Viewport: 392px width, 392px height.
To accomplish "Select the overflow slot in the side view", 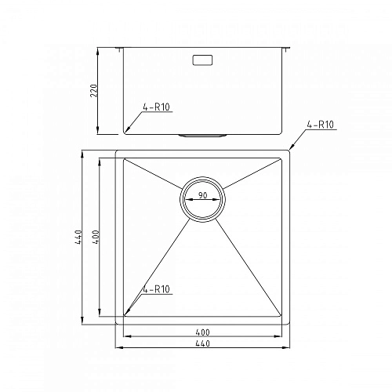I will [x=203, y=59].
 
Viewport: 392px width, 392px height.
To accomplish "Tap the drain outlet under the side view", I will [x=203, y=135].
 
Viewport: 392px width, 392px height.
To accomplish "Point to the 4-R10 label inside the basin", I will [x=157, y=289].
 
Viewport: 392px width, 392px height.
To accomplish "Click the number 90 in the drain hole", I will [x=203, y=195].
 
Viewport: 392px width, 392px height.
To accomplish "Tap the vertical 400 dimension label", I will [x=95, y=236].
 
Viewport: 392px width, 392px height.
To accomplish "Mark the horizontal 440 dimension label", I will [x=203, y=344].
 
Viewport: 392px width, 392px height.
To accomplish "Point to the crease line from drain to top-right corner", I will [x=252, y=174].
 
